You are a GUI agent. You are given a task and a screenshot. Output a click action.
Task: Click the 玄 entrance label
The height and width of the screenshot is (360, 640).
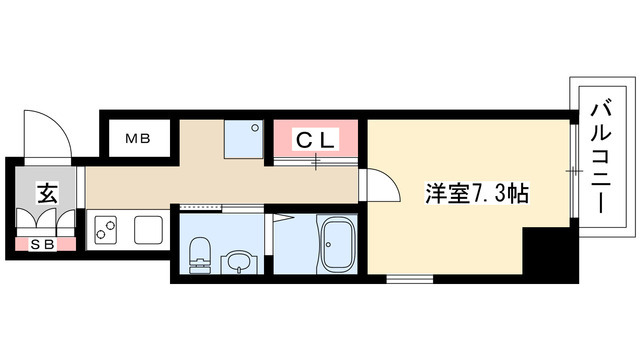[45, 193]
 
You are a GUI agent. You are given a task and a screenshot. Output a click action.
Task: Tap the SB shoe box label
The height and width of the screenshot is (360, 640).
[44, 242]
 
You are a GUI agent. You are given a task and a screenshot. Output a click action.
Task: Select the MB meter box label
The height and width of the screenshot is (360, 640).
[137, 139]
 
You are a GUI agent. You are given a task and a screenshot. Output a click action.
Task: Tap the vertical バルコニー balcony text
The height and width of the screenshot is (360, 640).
[602, 161]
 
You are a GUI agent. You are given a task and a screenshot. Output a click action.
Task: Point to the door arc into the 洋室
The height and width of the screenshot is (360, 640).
[377, 186]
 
